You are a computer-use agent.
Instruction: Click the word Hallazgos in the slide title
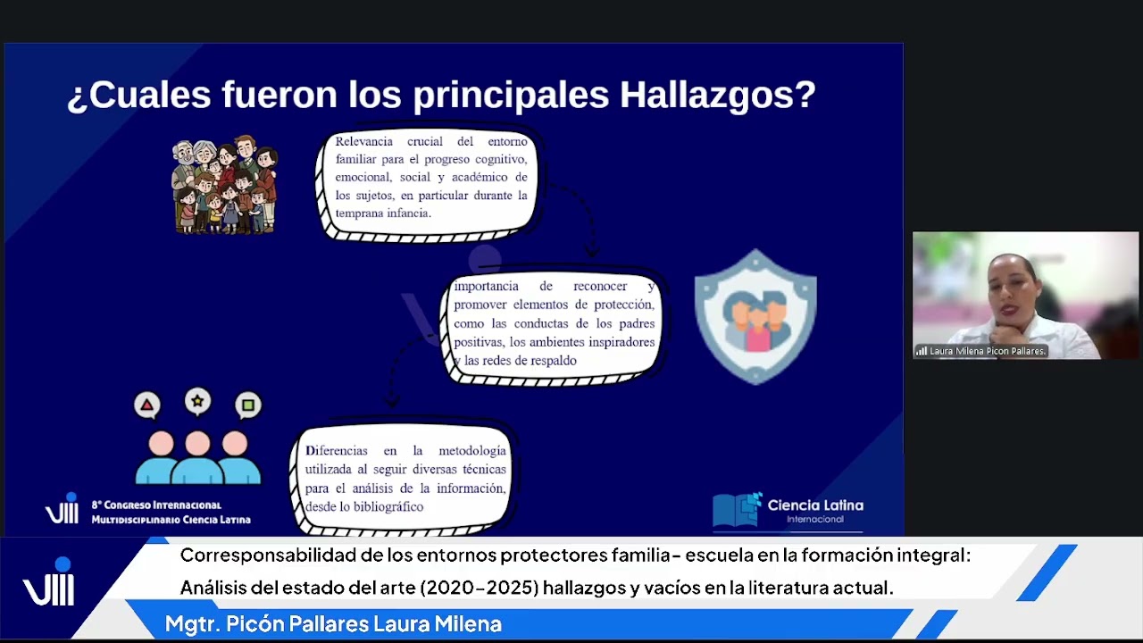pyautogui.click(x=717, y=94)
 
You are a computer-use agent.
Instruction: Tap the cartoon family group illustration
pyautogui.click(x=224, y=185)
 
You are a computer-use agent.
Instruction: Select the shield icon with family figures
pyautogui.click(x=755, y=316)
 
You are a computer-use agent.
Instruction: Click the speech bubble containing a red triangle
pyautogui.click(x=147, y=405)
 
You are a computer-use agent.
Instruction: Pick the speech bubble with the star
pyautogui.click(x=197, y=402)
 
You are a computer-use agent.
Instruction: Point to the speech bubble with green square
pyautogui.click(x=247, y=405)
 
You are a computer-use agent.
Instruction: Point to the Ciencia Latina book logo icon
pyautogui.click(x=737, y=509)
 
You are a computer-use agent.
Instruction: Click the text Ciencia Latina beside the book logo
pyautogui.click(x=815, y=505)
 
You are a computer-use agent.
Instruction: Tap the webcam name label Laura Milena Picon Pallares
pyautogui.click(x=986, y=351)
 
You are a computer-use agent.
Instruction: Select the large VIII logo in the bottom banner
pyautogui.click(x=49, y=585)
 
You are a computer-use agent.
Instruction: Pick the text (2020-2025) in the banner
pyautogui.click(x=479, y=588)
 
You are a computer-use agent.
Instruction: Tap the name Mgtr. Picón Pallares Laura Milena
pyautogui.click(x=333, y=624)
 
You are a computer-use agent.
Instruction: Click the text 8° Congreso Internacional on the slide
pyautogui.click(x=156, y=505)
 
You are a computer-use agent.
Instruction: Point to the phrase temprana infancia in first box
pyautogui.click(x=383, y=213)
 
